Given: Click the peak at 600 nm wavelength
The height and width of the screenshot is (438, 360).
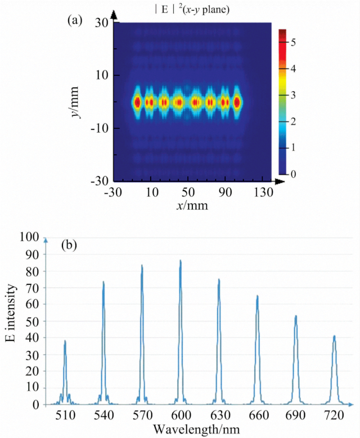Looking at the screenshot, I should point(180,261).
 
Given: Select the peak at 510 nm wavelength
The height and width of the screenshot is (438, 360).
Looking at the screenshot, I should point(65,341).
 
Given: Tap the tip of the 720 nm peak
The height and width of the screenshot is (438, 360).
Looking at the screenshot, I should point(334,336).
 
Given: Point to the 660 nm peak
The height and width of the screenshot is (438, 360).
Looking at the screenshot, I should point(257,296).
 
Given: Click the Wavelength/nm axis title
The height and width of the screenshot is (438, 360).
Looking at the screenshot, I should point(200,429).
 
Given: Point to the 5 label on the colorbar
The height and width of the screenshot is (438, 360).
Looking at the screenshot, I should point(293,42).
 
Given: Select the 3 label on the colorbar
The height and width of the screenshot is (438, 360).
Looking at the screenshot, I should point(293,95).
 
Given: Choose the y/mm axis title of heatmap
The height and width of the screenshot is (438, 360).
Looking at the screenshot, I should point(83,103).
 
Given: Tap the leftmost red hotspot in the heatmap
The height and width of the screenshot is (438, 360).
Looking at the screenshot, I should point(137,102).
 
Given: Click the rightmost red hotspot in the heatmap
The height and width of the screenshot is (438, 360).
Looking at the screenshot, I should point(237,102).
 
